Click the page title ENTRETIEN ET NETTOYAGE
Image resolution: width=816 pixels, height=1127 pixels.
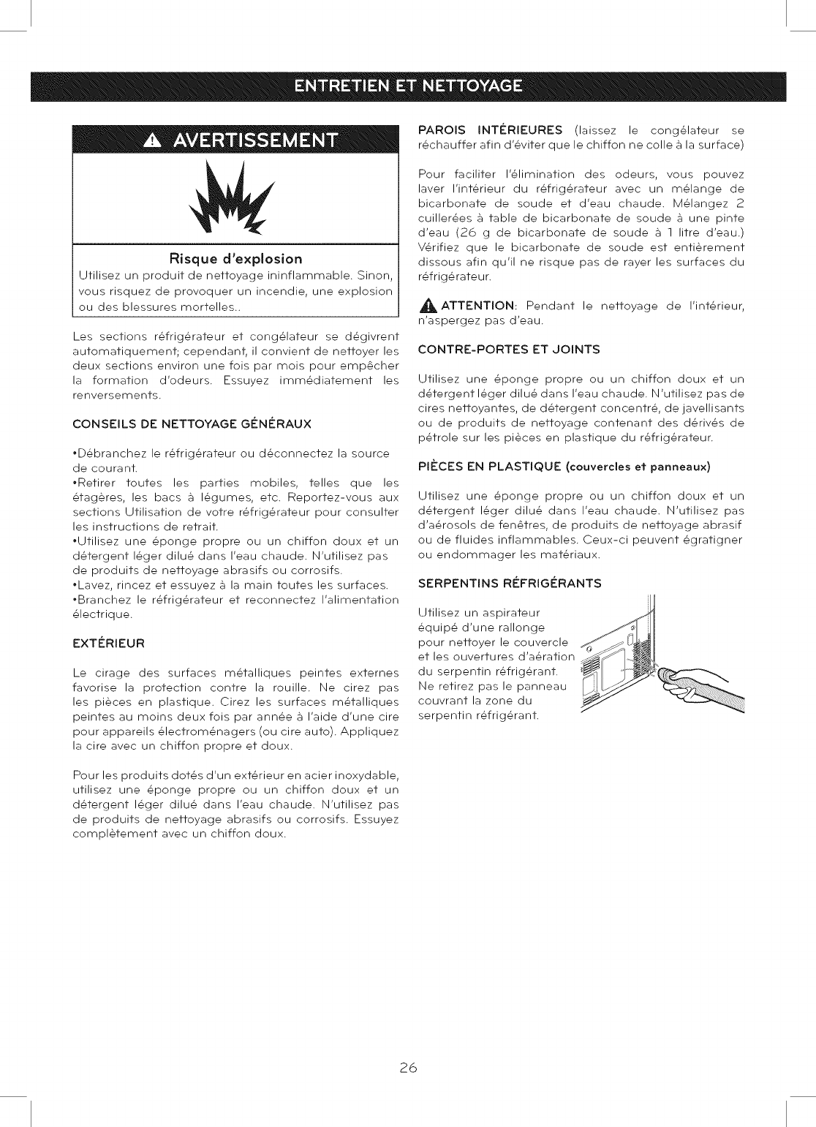[408, 86]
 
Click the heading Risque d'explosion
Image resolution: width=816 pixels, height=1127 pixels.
[235, 259]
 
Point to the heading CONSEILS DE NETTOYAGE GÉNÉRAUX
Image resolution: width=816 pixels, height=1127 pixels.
[192, 424]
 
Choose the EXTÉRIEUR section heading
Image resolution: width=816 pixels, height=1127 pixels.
[109, 644]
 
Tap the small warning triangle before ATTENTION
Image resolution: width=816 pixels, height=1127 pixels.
[428, 306]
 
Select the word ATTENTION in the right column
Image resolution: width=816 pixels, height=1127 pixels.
[478, 306]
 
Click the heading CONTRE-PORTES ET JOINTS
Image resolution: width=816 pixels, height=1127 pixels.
[508, 350]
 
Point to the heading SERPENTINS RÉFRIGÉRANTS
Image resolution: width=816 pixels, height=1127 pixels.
[510, 584]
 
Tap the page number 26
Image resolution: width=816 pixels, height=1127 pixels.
[408, 1068]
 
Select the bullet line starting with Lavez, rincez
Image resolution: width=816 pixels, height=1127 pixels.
[230, 585]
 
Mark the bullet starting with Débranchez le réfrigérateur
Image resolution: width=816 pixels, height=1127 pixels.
[231, 453]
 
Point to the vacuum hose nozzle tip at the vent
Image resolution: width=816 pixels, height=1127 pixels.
[665, 677]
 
